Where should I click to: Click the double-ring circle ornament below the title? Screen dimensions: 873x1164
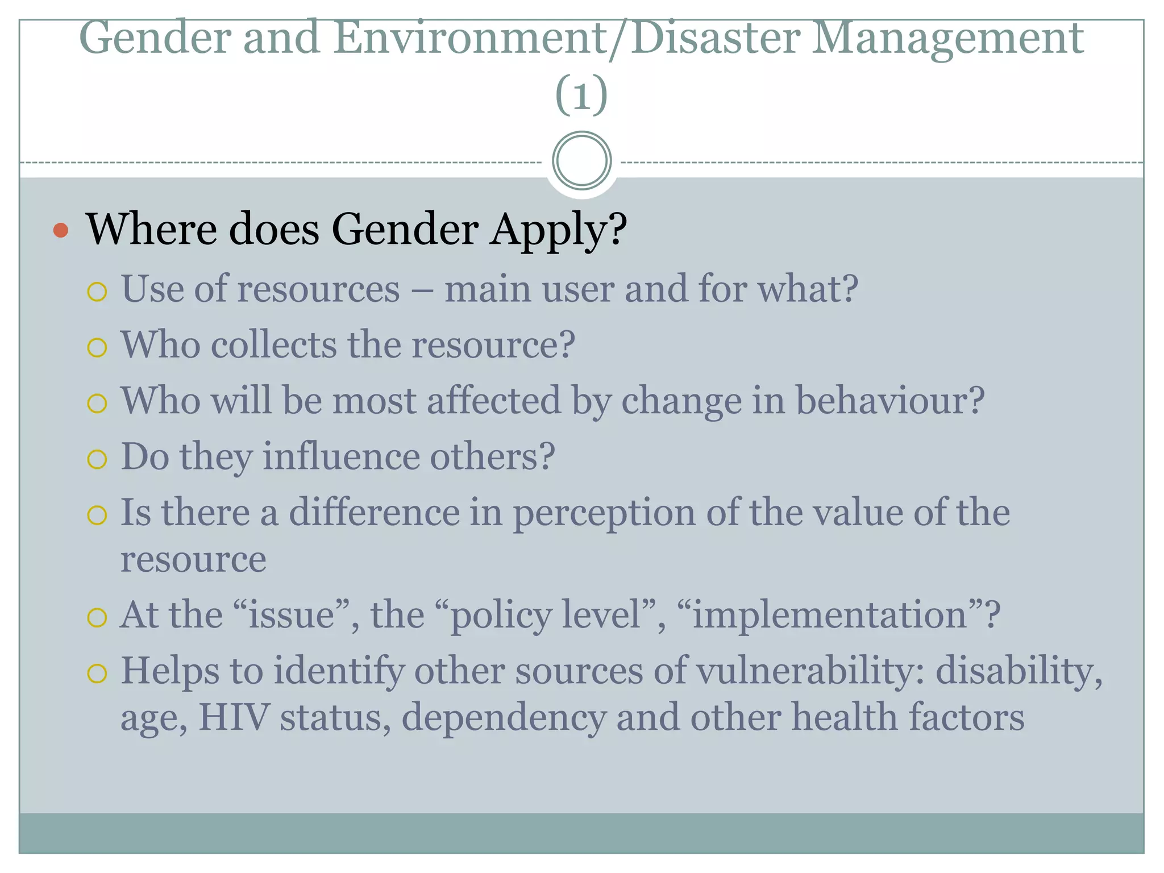581,161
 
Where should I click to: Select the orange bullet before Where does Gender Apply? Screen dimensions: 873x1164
61,230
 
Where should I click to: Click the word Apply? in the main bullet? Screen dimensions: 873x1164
559,230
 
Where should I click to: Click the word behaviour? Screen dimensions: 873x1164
889,401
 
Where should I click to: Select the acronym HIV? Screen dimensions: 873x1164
234,717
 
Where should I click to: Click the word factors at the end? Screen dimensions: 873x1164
966,717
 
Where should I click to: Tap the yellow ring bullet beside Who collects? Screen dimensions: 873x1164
97,347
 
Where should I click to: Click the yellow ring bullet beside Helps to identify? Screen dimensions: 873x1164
97,674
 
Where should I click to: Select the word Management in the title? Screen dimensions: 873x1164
947,39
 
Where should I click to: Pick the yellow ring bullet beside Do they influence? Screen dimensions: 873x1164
97,459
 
